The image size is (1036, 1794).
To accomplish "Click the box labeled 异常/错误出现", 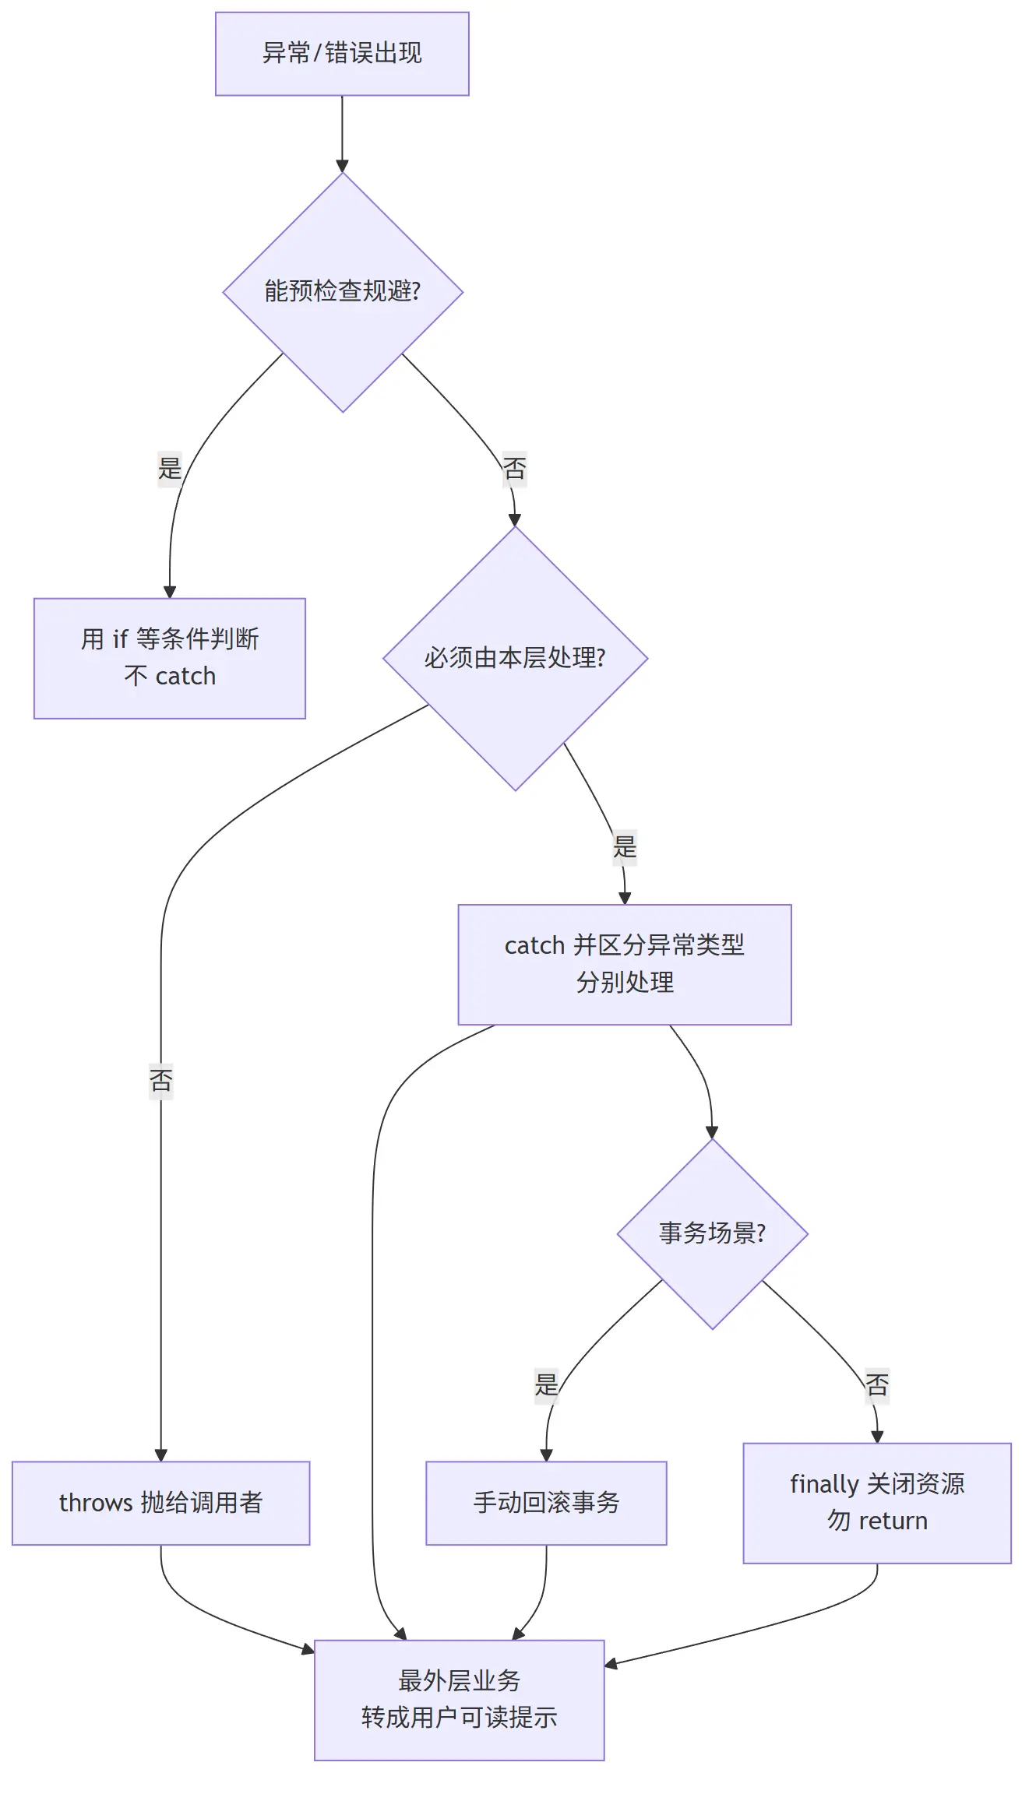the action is pos(342,54).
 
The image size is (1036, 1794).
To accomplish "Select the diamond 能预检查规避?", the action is pos(343,292).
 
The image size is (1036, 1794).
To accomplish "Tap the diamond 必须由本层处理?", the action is pos(515,659).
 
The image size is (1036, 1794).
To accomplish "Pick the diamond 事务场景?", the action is pos(712,1233).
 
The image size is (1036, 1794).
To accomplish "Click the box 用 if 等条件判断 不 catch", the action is pos(170,658).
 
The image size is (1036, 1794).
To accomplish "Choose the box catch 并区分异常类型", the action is pos(625,964).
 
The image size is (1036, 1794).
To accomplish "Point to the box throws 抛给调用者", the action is pos(161,1503).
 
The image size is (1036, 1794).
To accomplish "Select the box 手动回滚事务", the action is pos(546,1503).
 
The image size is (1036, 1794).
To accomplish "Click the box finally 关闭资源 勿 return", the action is pos(877,1503).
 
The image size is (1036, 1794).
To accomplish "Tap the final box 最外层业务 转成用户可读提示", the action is pos(460,1700).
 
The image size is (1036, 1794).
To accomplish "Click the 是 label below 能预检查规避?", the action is pos(170,469).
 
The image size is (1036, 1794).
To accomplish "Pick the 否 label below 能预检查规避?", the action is pos(515,469).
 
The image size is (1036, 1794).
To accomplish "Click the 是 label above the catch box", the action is pos(625,846).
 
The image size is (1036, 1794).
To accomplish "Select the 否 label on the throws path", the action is pos(161,1081).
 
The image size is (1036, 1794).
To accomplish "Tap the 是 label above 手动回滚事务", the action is pos(546,1385).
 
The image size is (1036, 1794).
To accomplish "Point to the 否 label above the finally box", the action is pos(877,1385).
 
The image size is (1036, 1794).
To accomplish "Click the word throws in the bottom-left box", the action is pos(96,1503).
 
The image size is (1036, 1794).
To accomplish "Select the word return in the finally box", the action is pos(893,1521).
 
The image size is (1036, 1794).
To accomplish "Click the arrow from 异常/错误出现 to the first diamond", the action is pos(342,134).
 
